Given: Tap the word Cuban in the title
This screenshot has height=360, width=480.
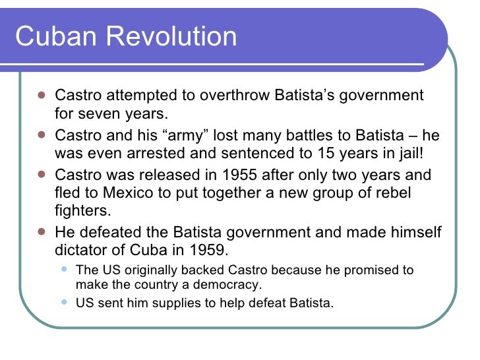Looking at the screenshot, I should click(55, 36).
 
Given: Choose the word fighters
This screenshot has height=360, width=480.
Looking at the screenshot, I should click(82, 212).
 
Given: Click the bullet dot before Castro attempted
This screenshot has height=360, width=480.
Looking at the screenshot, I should click(41, 95).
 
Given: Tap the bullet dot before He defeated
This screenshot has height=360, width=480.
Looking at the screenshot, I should click(41, 232).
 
